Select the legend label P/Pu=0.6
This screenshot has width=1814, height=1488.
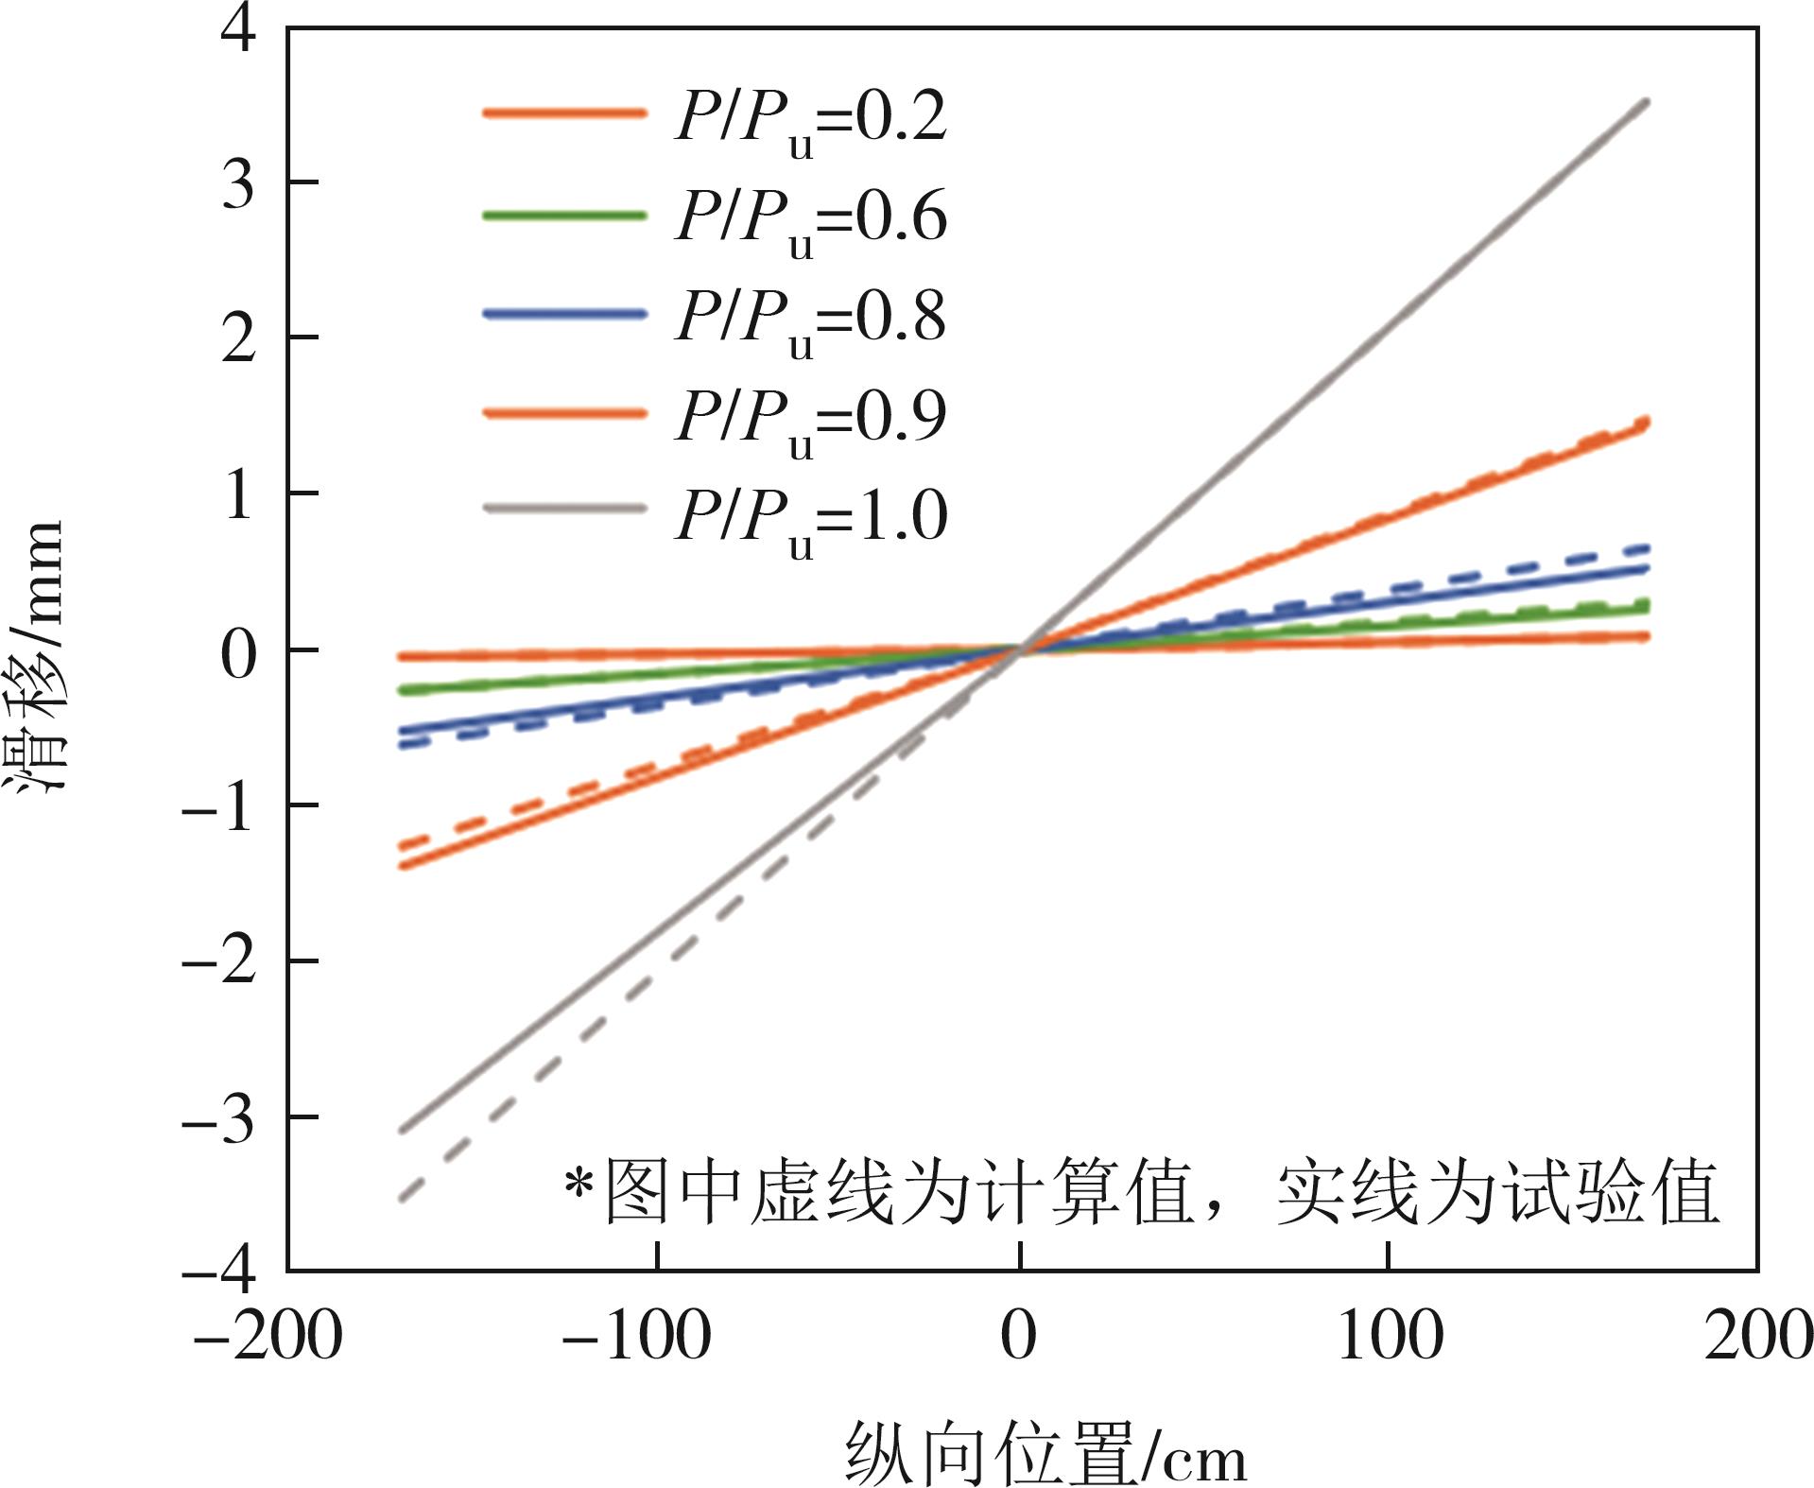[x=810, y=221]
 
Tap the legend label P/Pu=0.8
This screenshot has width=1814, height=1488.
[x=810, y=320]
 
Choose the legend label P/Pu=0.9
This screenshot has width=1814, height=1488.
[x=810, y=421]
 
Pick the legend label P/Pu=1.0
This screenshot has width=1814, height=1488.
[x=810, y=521]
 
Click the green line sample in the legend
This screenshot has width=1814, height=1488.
[x=564, y=216]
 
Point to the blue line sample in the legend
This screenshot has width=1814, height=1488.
[x=564, y=314]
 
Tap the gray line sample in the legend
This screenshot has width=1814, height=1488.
[x=564, y=509]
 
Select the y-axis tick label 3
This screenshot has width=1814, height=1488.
[x=237, y=183]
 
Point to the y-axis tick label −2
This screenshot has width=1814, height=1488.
[x=218, y=963]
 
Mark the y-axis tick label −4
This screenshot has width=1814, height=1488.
[x=218, y=1272]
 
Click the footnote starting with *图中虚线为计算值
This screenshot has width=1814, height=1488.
[x=1140, y=1193]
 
